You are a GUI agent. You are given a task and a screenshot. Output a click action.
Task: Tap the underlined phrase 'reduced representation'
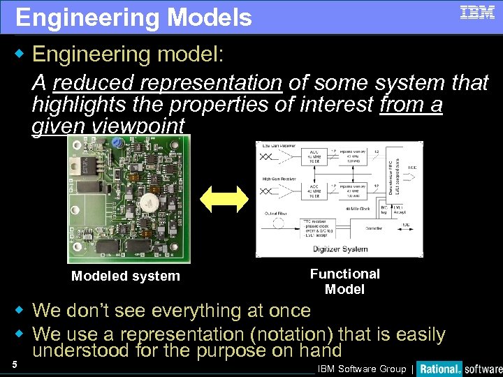(x=167, y=83)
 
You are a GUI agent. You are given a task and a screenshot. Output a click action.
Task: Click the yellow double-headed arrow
(x=224, y=198)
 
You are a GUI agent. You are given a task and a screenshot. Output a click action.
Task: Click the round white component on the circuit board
(x=147, y=202)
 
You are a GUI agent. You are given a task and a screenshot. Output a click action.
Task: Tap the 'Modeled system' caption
(x=126, y=276)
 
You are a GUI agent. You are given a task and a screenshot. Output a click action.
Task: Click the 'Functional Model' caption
(x=345, y=281)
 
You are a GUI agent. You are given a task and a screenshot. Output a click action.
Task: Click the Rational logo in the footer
(x=440, y=369)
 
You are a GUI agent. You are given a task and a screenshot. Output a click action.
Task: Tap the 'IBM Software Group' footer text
(x=361, y=369)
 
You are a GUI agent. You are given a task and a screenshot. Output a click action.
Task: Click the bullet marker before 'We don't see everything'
(x=21, y=310)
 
